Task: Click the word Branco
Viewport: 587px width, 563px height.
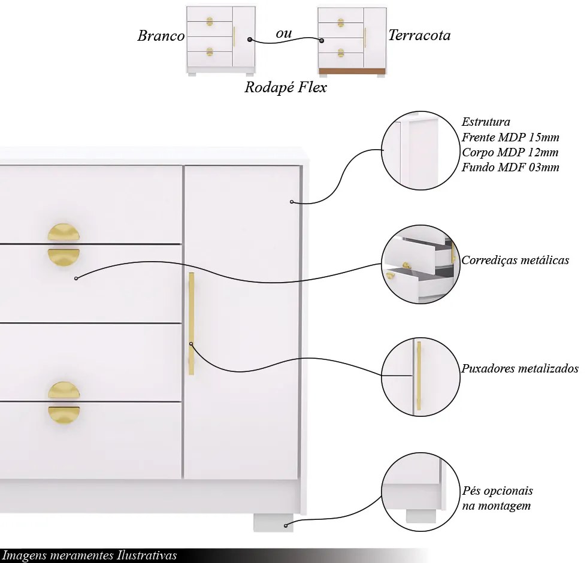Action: click(161, 36)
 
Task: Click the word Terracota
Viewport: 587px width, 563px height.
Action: click(419, 35)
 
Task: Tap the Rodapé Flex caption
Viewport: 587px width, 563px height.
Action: click(286, 87)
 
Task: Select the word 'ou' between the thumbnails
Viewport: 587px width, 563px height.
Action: click(284, 34)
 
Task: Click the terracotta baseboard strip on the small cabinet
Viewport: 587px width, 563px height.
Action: click(352, 71)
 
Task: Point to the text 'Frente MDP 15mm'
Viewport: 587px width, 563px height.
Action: click(510, 137)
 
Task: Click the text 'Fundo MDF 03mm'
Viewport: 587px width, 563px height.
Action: click(510, 167)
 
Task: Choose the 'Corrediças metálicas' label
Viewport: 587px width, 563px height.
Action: click(515, 261)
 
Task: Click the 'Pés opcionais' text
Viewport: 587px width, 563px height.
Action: click(498, 491)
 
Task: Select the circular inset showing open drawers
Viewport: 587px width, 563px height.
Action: click(420, 264)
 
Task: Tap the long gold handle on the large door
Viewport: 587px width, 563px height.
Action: click(191, 323)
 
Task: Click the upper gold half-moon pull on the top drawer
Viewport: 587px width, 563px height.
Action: click(63, 232)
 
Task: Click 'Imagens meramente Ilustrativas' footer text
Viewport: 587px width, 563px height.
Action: click(90, 556)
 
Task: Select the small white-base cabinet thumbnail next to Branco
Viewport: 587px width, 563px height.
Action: click(221, 40)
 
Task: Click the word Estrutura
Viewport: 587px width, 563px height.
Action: click(486, 122)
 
